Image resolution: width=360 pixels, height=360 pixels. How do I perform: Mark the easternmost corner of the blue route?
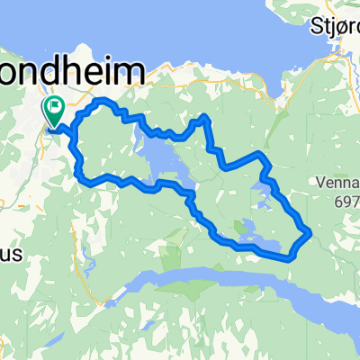point(311,231)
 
